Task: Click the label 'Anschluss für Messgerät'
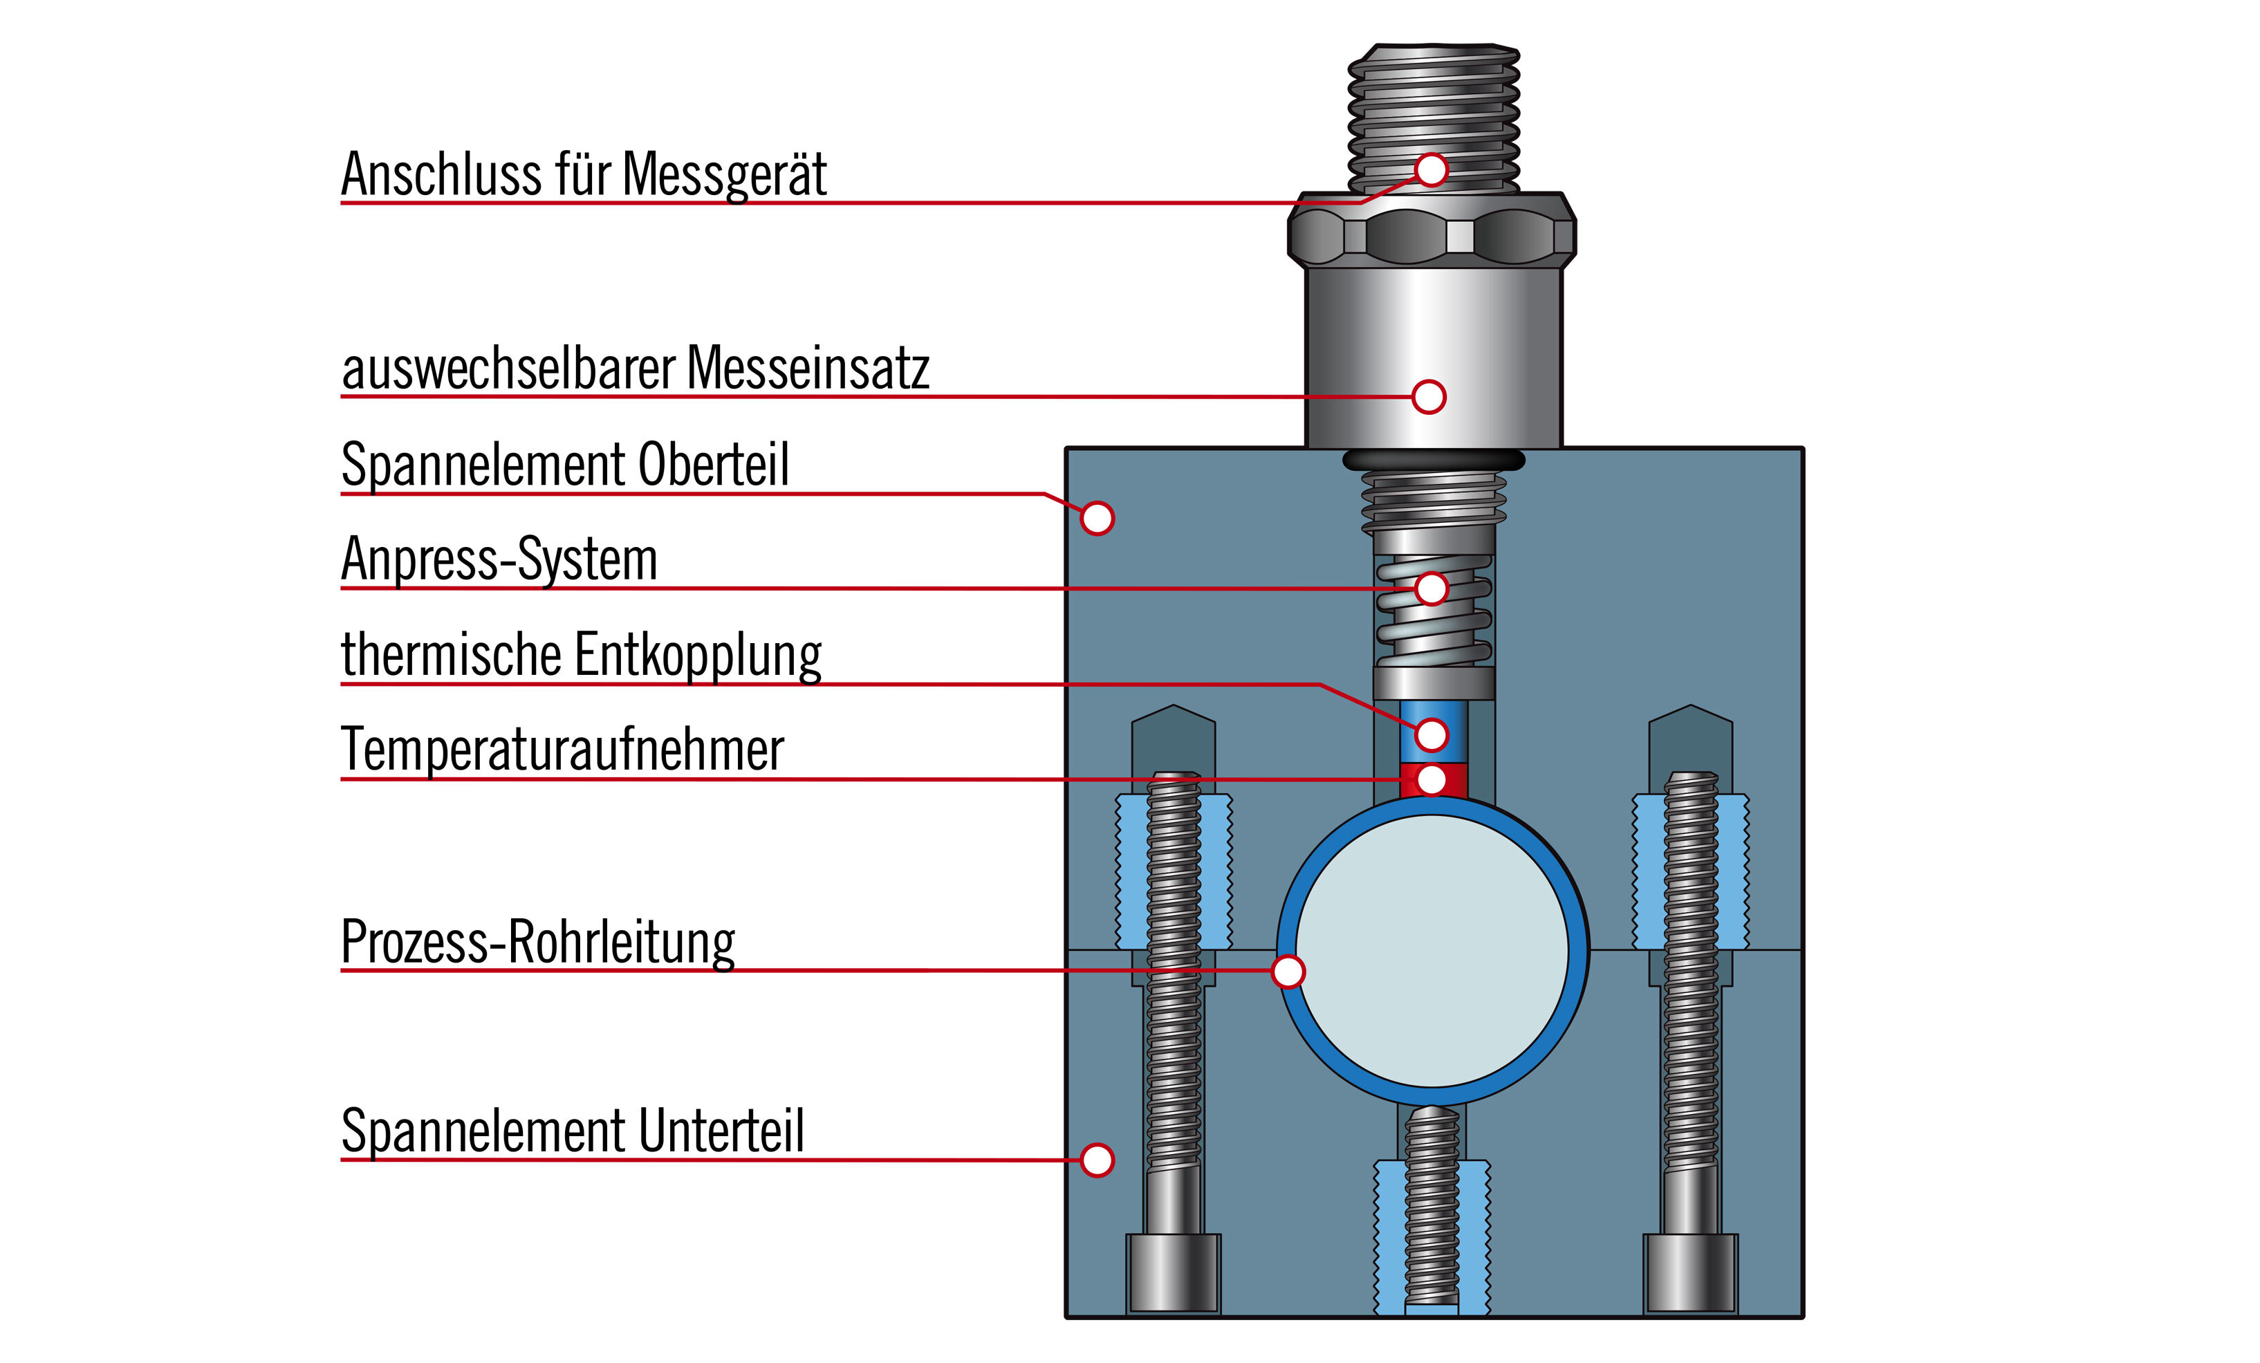(x=584, y=174)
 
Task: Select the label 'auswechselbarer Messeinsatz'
(x=635, y=369)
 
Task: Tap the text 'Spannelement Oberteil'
(x=564, y=465)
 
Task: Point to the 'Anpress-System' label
(x=499, y=559)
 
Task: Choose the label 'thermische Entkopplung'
(x=581, y=655)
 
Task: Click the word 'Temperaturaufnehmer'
(x=562, y=750)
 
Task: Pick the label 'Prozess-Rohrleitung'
(x=537, y=942)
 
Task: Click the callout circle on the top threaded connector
(x=1431, y=169)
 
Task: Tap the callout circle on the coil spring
(x=1431, y=588)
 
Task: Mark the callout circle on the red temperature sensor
(x=1431, y=779)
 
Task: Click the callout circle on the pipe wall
(x=1288, y=972)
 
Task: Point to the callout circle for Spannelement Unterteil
(x=1097, y=1160)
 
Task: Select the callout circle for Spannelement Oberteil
(x=1097, y=518)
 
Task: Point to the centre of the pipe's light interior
(x=1433, y=951)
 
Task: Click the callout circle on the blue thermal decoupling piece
(x=1431, y=734)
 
